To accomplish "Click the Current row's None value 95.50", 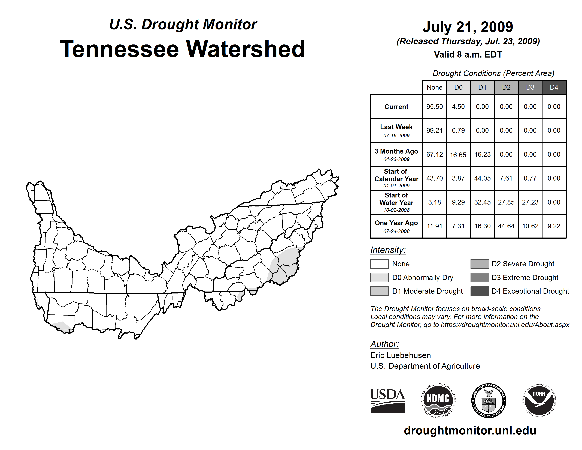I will pyautogui.click(x=434, y=107).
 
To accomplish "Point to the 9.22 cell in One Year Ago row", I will pyautogui.click(x=554, y=226).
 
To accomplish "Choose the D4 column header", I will pyautogui.click(x=554, y=87).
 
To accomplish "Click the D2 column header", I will pyautogui.click(x=506, y=87).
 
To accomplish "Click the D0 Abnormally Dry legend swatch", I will pyautogui.click(x=379, y=277).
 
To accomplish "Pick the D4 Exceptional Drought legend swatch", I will pyautogui.click(x=480, y=291).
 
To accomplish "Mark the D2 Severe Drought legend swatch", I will pyautogui.click(x=480, y=264).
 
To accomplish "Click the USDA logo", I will pyautogui.click(x=387, y=400).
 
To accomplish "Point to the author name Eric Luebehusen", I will pyautogui.click(x=401, y=355).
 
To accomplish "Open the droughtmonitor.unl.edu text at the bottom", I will pyautogui.click(x=470, y=431).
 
